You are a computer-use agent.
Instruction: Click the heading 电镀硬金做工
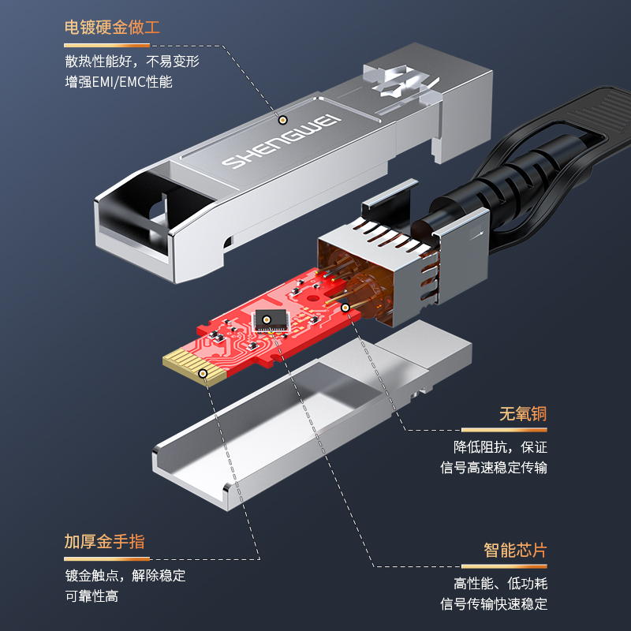point(112,28)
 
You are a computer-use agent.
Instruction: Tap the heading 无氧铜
point(523,413)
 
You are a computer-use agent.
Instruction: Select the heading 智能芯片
point(515,550)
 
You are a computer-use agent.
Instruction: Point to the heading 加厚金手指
point(104,541)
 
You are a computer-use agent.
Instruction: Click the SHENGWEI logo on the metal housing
point(281,141)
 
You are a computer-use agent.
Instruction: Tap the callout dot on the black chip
point(267,320)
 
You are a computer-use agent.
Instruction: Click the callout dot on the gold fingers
point(203,373)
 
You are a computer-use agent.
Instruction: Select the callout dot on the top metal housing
point(283,120)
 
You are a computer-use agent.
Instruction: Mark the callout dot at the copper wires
point(345,308)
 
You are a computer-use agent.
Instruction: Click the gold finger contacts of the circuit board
point(194,365)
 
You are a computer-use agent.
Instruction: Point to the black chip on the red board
point(270,321)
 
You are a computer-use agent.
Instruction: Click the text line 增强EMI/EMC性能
point(119,82)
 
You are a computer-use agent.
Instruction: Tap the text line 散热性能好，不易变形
point(132,62)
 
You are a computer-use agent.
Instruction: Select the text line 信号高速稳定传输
point(494,468)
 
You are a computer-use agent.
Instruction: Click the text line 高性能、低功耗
point(501,584)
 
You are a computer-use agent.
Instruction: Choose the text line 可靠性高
point(91,596)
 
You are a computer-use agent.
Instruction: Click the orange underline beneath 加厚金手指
point(106,559)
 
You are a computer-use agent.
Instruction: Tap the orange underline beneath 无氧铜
point(504,430)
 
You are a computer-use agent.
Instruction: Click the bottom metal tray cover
point(312,415)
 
